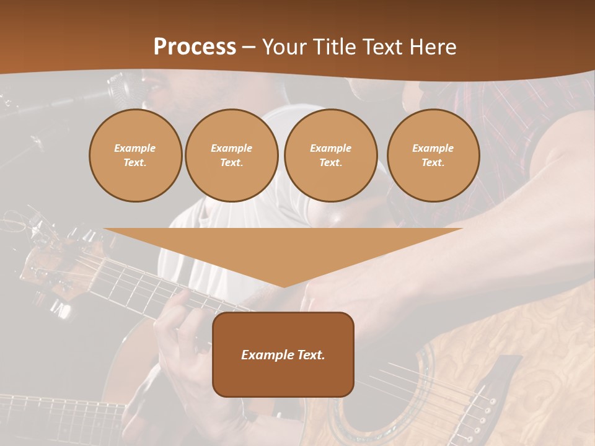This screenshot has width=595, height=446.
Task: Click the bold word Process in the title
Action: (195, 47)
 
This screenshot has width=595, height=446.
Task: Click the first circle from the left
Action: (135, 155)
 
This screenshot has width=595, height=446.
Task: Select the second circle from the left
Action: (231, 155)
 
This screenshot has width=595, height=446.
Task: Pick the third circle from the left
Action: (330, 155)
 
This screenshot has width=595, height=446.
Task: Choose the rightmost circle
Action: (433, 155)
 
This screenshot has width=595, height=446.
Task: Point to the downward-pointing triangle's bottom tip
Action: (284, 286)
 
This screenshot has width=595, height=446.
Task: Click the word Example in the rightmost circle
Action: (433, 149)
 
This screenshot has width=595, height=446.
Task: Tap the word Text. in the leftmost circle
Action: (135, 163)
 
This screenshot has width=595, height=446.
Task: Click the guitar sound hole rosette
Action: (397, 403)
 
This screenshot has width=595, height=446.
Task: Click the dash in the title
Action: (249, 47)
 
